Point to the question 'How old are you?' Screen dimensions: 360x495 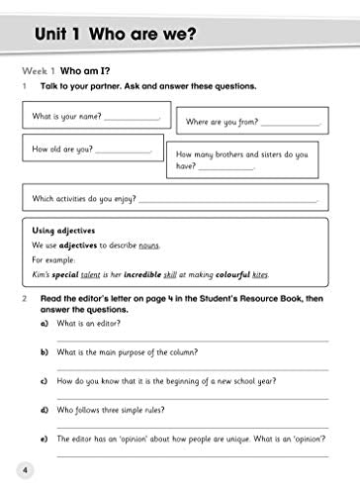[x=63, y=148]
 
